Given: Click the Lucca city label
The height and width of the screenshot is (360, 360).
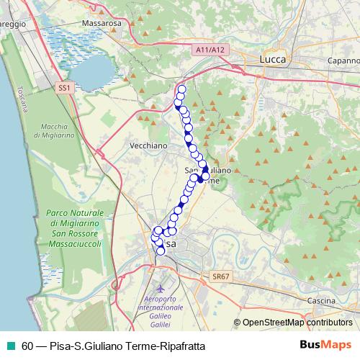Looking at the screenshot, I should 274,59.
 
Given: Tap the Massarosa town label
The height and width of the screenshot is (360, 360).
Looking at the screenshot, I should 103,24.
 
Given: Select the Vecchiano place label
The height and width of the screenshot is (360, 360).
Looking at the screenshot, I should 148,145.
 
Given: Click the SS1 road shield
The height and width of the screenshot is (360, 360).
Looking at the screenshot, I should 65,87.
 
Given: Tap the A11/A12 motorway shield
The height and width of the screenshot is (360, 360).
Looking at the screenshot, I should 210,50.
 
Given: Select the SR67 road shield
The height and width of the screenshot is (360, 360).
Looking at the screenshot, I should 220,276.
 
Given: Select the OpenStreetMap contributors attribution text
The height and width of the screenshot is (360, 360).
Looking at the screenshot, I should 297,323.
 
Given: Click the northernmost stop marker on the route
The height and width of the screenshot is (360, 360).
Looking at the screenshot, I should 181,89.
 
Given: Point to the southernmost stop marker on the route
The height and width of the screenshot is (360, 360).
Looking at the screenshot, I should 161,251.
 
